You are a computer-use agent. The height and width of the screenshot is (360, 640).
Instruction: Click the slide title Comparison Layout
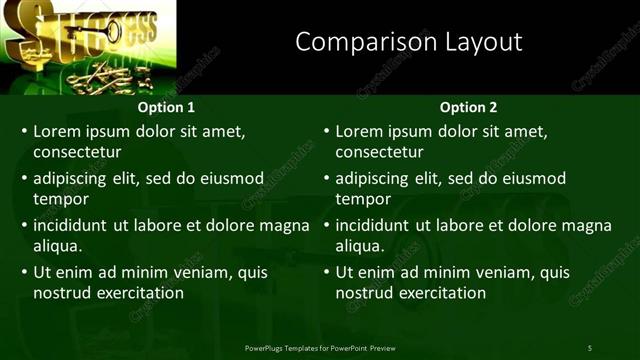(x=409, y=42)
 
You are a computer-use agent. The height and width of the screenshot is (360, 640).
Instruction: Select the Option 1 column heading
(x=165, y=107)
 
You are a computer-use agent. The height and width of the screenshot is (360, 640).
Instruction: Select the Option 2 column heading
(x=468, y=107)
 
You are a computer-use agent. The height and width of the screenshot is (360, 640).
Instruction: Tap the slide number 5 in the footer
(x=589, y=347)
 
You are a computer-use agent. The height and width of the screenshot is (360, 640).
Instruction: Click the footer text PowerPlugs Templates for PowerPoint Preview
(x=320, y=347)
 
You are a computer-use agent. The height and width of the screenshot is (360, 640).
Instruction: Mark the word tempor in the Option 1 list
(x=59, y=199)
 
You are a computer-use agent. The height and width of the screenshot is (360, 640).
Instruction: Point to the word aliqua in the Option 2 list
(x=361, y=246)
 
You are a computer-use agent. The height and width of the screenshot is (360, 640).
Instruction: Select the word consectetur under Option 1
(x=77, y=152)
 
